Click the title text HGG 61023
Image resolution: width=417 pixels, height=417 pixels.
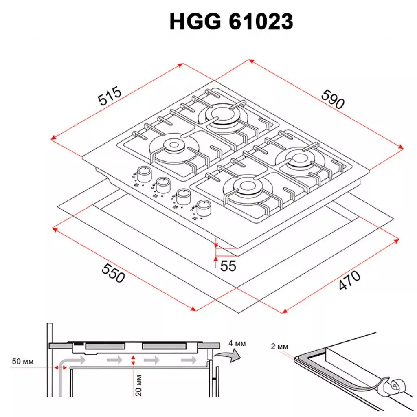coord(231,22)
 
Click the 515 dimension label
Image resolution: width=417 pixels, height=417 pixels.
coord(110,96)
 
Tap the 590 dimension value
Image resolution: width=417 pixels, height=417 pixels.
coord(333,99)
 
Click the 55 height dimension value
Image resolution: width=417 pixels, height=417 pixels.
coord(228,266)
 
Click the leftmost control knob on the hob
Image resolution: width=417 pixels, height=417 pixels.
coord(143,174)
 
